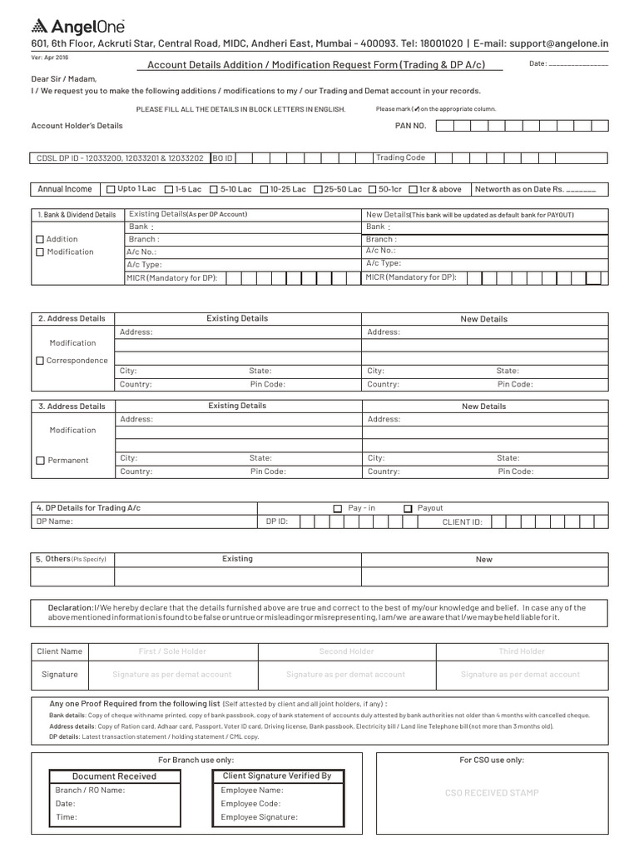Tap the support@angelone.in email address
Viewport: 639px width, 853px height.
coord(560,43)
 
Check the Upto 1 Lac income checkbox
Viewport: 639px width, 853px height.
coord(111,190)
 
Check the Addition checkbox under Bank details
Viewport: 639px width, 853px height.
coord(39,240)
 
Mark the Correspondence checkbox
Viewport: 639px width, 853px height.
coord(39,361)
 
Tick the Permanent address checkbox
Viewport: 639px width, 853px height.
coord(39,461)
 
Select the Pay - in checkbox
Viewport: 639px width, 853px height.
coord(337,508)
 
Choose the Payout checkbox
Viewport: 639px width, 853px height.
coord(408,508)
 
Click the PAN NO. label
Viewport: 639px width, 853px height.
coord(409,126)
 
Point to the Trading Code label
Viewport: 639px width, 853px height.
coord(400,157)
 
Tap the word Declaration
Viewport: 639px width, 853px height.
coord(70,608)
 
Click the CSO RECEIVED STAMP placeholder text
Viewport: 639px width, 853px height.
coord(491,793)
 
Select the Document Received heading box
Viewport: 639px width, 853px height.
coord(114,776)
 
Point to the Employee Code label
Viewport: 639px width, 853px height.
coord(251,804)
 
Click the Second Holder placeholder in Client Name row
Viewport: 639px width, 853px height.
coord(346,651)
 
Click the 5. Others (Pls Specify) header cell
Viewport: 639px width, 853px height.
coord(72,559)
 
